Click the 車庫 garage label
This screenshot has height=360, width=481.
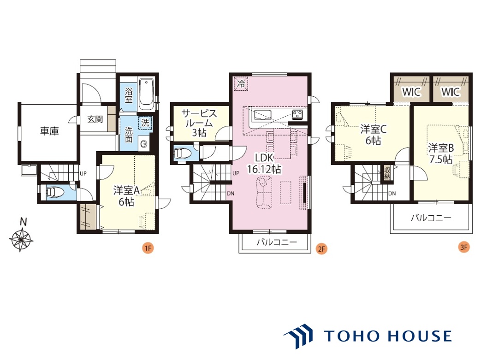49,131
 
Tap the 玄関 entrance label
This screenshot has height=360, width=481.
95,119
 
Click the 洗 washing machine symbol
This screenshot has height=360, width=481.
145,123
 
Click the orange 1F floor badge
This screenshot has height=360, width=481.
148,248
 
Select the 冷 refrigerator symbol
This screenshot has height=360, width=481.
241,84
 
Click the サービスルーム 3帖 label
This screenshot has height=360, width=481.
199,123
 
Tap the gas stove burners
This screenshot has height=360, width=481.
297,115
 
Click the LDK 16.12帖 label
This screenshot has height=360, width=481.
264,164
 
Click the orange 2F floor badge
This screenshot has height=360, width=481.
321,248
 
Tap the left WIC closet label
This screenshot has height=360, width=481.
411,92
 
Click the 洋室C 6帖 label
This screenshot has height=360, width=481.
373,135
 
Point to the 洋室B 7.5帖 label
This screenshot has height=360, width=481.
441,153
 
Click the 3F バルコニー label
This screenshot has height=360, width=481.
431,218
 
